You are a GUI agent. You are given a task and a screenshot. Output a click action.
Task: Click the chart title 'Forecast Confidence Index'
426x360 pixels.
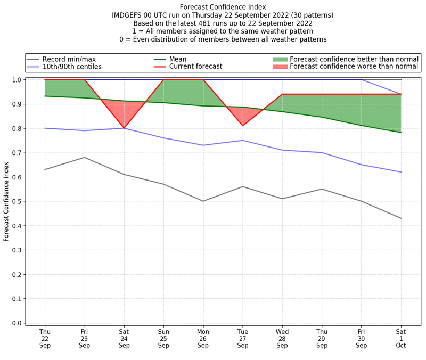[223, 7]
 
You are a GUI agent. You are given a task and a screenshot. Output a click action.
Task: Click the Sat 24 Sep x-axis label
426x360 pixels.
[124, 338]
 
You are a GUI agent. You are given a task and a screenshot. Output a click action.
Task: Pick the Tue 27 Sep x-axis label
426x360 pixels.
[243, 338]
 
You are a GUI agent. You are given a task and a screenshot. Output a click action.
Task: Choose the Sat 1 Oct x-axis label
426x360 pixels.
[401, 338]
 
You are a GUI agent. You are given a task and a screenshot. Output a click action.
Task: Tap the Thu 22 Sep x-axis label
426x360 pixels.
[45, 338]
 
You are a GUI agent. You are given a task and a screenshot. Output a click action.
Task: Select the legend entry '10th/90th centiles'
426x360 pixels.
[72, 67]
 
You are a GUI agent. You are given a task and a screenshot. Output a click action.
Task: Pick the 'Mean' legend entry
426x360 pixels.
[178, 59]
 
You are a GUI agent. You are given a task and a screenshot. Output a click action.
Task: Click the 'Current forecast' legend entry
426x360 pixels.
[195, 67]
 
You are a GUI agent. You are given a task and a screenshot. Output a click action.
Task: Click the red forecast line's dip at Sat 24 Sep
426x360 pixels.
[124, 128]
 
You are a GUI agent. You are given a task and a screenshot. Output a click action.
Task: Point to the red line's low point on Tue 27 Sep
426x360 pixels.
[243, 126]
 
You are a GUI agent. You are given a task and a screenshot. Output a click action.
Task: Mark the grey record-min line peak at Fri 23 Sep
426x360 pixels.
[85, 157]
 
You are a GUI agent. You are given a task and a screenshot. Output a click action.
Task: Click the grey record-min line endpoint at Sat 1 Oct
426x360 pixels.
[401, 218]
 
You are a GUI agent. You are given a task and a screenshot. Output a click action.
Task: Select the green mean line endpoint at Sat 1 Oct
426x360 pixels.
[401, 133]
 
